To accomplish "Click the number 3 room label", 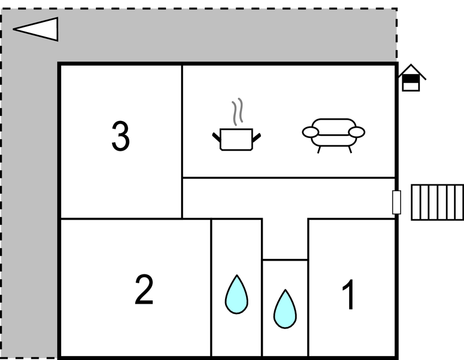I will (121, 136).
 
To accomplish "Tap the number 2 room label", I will (144, 290).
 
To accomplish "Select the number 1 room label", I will (349, 295).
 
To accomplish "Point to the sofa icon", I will (333, 133).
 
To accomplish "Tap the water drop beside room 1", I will (285, 309).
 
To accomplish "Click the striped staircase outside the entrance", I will (437, 202).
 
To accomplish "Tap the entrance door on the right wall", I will (396, 202).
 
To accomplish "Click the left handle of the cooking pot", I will (216, 135).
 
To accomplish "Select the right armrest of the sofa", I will (357, 132).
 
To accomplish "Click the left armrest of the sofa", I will (310, 132).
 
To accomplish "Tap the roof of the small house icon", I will (411, 71).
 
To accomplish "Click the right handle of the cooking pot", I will (257, 135).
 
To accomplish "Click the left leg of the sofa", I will (319, 149).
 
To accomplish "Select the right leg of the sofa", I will (349, 149).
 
